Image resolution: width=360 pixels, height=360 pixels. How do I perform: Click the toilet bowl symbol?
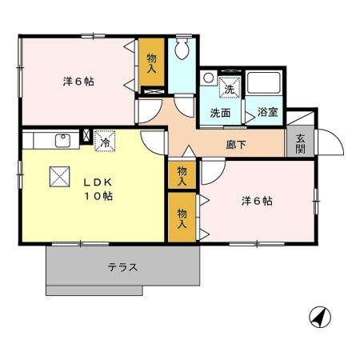183,50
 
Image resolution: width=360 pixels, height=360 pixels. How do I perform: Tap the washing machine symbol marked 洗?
229,86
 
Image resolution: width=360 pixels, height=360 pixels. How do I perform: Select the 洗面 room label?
221,113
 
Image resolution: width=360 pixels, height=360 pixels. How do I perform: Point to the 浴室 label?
267,113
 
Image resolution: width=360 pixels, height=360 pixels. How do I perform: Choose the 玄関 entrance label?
299,143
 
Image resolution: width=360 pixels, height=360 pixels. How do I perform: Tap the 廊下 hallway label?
236,146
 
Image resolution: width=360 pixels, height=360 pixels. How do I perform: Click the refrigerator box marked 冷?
105,142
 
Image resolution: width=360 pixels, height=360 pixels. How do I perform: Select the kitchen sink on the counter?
62,141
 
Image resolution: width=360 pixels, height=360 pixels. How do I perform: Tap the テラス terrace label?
122,267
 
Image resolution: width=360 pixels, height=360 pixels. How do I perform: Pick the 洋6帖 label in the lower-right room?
257,201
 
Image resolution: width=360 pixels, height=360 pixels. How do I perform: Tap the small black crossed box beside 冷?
88,135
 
